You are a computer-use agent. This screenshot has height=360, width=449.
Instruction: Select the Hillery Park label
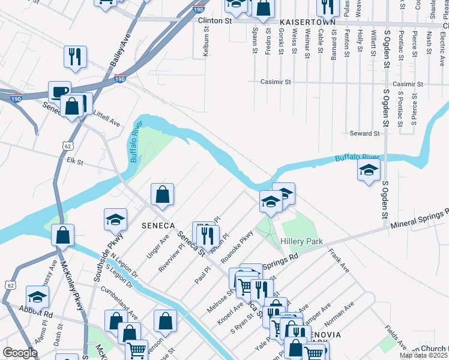point(301,242)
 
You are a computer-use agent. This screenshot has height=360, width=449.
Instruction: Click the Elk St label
point(74,161)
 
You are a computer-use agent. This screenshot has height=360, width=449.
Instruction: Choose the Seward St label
point(364,133)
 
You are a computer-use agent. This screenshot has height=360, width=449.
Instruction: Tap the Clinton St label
point(214,20)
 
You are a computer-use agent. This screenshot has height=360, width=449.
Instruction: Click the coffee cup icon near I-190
point(59,92)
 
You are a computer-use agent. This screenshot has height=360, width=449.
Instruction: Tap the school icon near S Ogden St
point(369,170)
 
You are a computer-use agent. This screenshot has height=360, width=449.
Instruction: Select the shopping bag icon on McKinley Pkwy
point(62,235)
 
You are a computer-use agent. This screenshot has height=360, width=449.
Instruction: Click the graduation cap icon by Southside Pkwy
point(115,220)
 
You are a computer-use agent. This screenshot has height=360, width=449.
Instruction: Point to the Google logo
point(20,353)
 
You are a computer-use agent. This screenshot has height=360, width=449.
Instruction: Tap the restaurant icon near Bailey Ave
point(75,56)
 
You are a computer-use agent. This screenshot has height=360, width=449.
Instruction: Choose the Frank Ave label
point(339,262)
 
